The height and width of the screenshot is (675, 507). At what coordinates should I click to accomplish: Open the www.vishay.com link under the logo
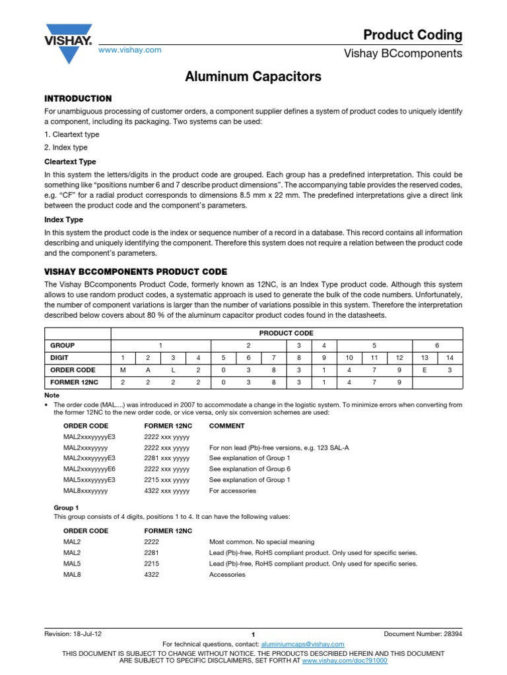pyautogui.click(x=130, y=50)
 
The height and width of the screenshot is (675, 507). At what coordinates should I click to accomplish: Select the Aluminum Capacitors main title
pyautogui.click(x=253, y=77)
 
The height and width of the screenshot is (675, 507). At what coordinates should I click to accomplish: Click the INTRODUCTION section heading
pyautogui.click(x=77, y=98)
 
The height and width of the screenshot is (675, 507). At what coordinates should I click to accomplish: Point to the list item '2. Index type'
pyautogui.click(x=65, y=148)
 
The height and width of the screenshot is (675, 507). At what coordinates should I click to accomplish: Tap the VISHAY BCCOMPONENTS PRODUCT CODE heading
pyautogui.click(x=135, y=272)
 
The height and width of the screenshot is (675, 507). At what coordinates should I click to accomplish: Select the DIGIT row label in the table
pyautogui.click(x=60, y=357)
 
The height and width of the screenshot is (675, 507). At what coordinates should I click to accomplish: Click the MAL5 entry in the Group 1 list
pyautogui.click(x=71, y=564)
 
